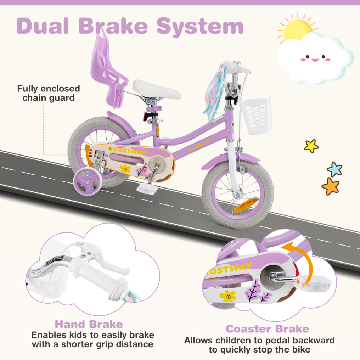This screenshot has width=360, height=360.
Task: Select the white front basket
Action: (x=257, y=115)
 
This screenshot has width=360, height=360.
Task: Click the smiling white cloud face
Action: (x=315, y=58)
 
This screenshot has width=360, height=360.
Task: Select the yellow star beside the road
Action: (x=311, y=146)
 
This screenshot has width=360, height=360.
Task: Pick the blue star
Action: (x=334, y=169)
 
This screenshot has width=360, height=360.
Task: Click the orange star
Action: (x=330, y=186)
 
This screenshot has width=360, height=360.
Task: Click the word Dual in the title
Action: (x=45, y=26)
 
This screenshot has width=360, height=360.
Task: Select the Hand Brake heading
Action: (x=89, y=324)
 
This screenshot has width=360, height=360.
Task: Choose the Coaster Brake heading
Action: (x=267, y=328)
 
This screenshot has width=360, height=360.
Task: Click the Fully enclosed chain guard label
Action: (x=49, y=93)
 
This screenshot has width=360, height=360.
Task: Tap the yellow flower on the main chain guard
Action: (x=125, y=169)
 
